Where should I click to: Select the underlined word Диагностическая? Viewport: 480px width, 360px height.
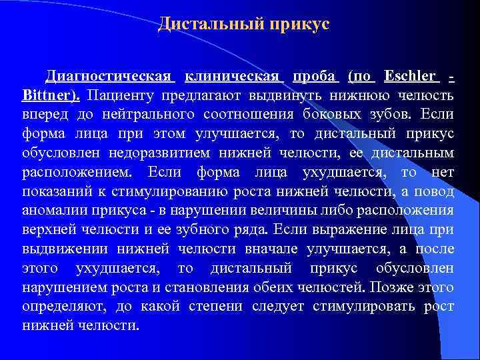click(x=109, y=77)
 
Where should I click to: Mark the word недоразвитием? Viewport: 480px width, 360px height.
click(x=139, y=154)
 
